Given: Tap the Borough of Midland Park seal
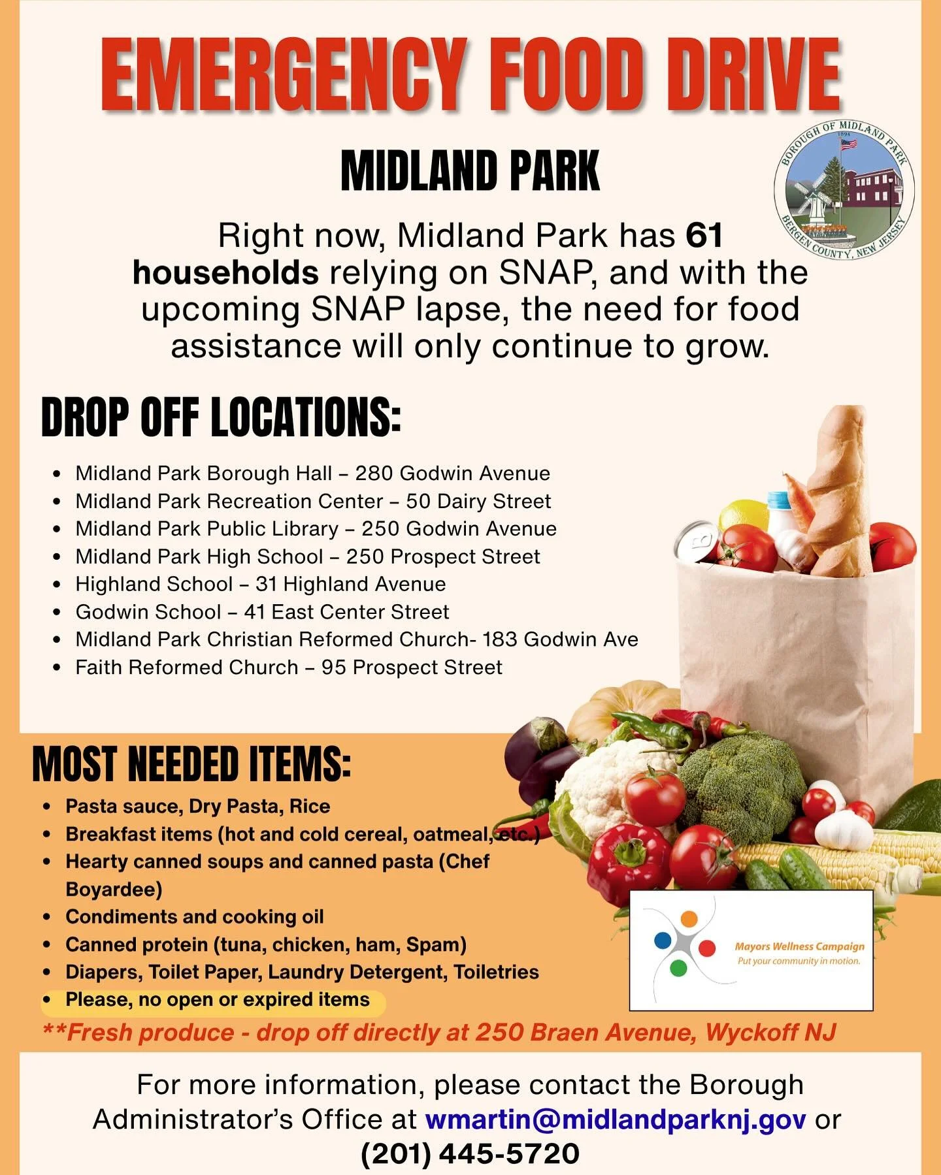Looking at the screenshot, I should (844, 190).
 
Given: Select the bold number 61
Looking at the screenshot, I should (704, 236).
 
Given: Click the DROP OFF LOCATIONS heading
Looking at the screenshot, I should (221, 417).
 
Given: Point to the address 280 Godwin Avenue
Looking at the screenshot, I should (452, 474).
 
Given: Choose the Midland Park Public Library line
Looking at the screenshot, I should (316, 528).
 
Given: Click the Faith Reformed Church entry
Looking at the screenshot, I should (288, 668).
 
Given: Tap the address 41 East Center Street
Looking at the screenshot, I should (346, 612).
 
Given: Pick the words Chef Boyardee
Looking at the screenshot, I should (274, 875).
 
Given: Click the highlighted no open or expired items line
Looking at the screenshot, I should (217, 1000).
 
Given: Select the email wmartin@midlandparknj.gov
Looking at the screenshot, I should (615, 1119).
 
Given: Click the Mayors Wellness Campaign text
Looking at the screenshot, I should (799, 946).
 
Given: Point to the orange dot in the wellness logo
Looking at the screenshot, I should (689, 918).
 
